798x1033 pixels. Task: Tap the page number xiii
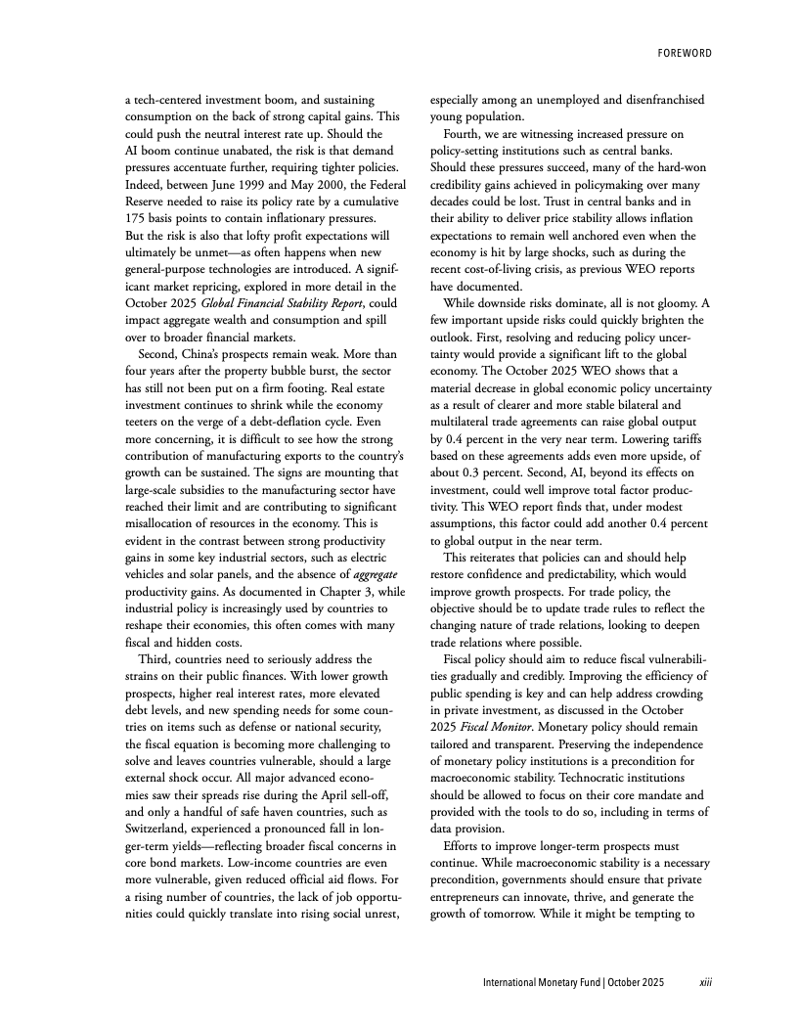(704, 981)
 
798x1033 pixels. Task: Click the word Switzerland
(158, 829)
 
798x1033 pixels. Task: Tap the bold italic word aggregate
(354, 574)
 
